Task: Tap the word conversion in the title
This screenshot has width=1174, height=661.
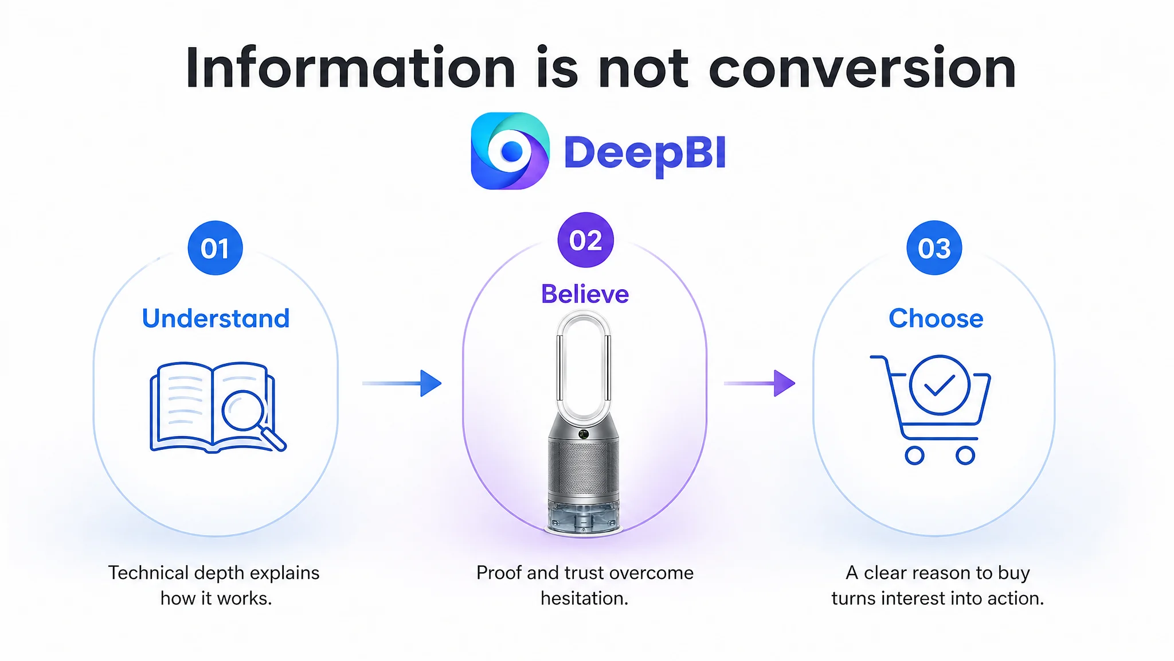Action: pyautogui.click(x=862, y=69)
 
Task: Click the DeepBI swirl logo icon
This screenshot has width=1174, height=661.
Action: pyautogui.click(x=510, y=151)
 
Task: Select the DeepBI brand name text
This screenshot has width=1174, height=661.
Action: pyautogui.click(x=645, y=153)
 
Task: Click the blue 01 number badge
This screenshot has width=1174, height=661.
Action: pyautogui.click(x=216, y=248)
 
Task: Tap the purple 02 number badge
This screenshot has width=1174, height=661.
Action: pyautogui.click(x=585, y=240)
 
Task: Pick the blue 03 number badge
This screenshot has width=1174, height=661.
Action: pyautogui.click(x=934, y=248)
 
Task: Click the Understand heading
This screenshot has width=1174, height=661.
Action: pyautogui.click(x=216, y=318)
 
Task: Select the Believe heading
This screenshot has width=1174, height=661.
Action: pyautogui.click(x=585, y=294)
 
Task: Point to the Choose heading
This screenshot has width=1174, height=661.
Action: pyautogui.click(x=936, y=318)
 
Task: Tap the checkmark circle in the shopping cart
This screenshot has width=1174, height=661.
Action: pyautogui.click(x=940, y=385)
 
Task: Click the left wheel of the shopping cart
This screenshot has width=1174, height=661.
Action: pyautogui.click(x=914, y=456)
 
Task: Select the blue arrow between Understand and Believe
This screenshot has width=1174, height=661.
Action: pyautogui.click(x=402, y=383)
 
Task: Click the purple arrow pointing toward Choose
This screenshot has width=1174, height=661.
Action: pyautogui.click(x=760, y=383)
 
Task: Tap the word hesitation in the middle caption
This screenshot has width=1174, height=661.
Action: pyautogui.click(x=584, y=598)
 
